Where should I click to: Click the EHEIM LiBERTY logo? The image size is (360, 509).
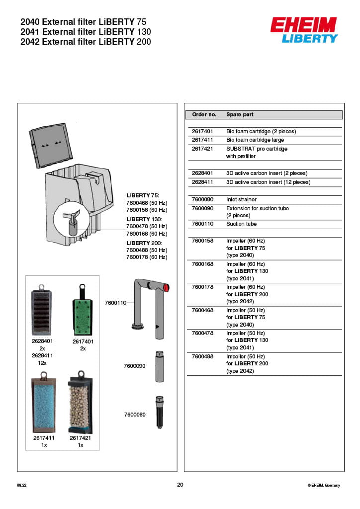[x=304, y=30]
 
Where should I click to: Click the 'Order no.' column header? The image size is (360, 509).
[x=204, y=114]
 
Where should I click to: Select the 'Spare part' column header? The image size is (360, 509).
[x=240, y=114]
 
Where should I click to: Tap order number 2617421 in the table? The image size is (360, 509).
[x=202, y=149]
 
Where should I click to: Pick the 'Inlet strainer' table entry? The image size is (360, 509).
[x=241, y=199]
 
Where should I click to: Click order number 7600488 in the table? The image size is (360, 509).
[x=202, y=356]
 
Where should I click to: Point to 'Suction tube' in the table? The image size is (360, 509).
[x=241, y=224]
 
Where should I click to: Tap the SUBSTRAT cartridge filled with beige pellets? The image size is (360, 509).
[x=80, y=403]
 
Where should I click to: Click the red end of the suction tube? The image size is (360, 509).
[x=166, y=287]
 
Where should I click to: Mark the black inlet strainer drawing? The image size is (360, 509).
[x=159, y=412]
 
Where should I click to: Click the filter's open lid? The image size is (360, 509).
[x=48, y=145]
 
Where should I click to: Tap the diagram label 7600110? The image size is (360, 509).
[x=115, y=302]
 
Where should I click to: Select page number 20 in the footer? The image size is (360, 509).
[x=180, y=485]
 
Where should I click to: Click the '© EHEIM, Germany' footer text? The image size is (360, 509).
[x=324, y=485]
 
